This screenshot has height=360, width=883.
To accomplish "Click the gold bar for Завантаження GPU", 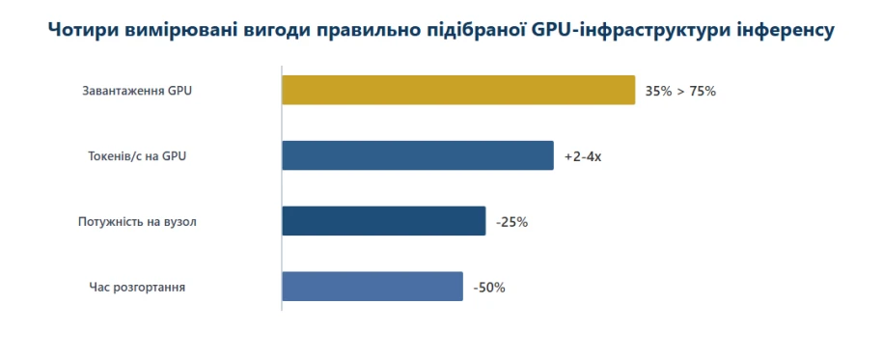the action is pos(458,90).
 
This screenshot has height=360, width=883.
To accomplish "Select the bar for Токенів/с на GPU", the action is pos(418,155).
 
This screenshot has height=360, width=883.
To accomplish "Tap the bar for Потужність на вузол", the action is pos(383,221).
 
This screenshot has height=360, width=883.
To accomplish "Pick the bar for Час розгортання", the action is pos(373,287).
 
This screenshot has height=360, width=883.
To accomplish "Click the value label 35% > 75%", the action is pos(680,92).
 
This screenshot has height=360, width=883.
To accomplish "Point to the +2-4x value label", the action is pos(583,156).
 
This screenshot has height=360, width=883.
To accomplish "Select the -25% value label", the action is pos(511,222).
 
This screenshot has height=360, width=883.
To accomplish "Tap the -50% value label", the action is pos(489,288).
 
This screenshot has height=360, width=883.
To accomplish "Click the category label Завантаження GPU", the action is pos(137,91).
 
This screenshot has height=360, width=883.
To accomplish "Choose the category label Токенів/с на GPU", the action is pos(137,156).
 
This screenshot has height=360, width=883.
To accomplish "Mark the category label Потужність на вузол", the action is pos(137,221).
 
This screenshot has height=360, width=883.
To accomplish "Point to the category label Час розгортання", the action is pos(137,288).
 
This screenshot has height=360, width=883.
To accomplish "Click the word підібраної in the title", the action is pos(472,31).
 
